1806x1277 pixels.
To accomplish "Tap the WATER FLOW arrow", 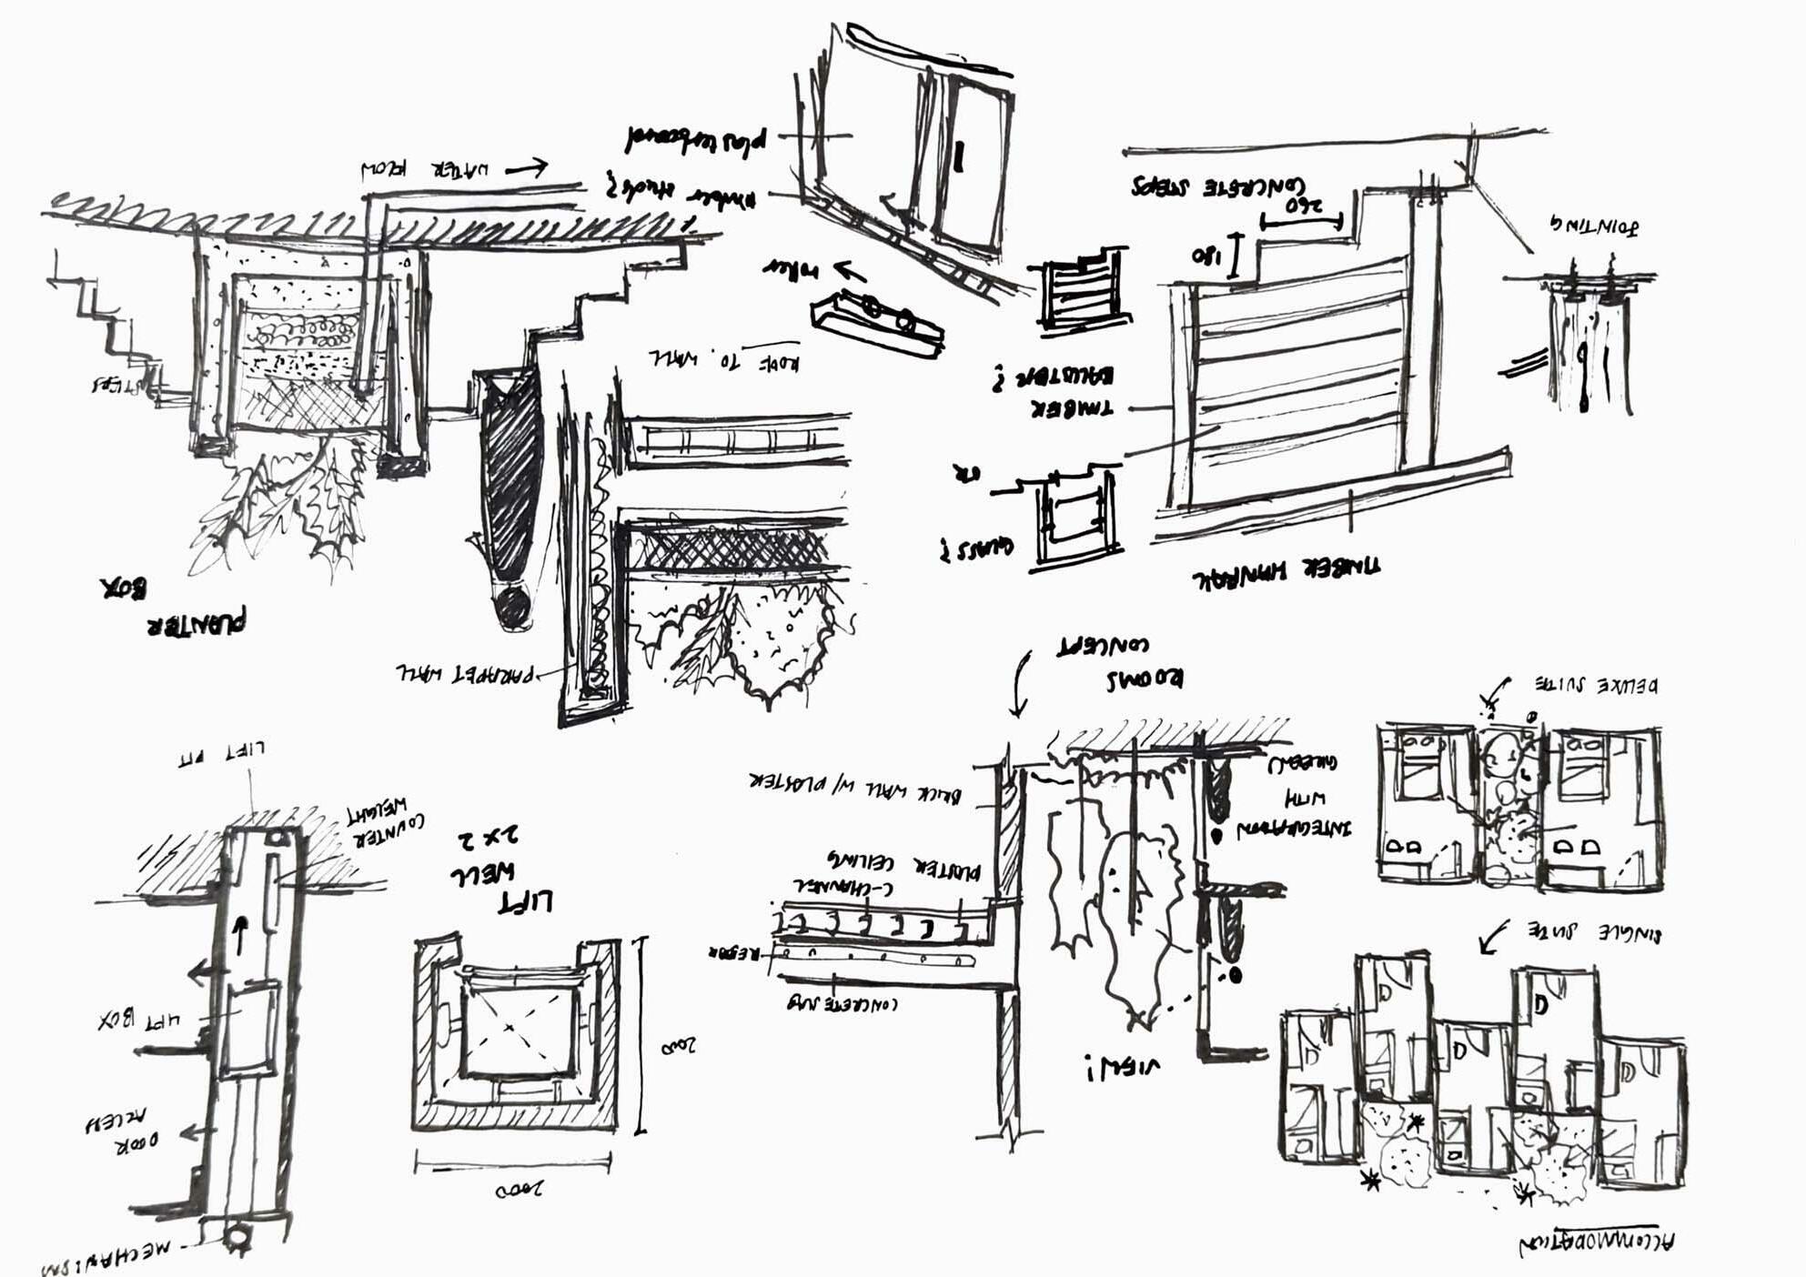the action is [x=527, y=167].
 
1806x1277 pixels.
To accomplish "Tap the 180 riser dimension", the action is [x=1206, y=255].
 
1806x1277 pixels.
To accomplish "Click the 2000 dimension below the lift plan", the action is [x=519, y=1189].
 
